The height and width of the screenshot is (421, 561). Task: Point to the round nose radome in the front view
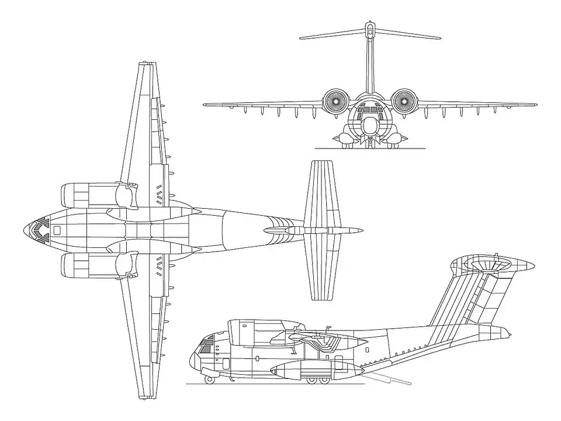pos(369,125)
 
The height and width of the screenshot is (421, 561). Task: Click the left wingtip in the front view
pos(205,105)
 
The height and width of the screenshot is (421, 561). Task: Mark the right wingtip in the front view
pos(535,105)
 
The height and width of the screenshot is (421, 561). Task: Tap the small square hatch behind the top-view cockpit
pos(57,230)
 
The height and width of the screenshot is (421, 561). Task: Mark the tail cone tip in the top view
pos(361,230)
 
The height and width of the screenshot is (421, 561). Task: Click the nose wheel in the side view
pos(209,379)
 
